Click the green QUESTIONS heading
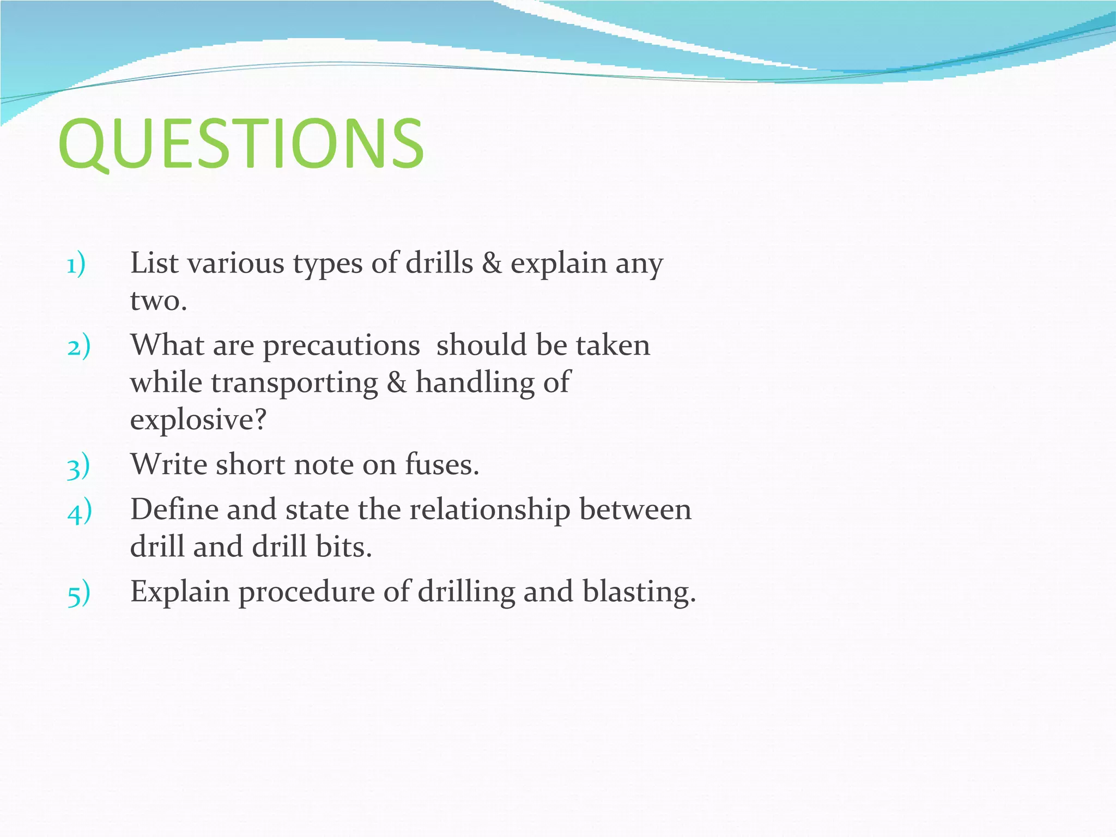coord(241,143)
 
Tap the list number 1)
coord(76,265)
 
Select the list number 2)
coord(78,347)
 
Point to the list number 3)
coord(78,467)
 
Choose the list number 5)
coord(78,594)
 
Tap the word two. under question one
coord(159,301)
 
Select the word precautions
coord(341,346)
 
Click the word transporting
coord(294,383)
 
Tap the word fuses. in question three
coord(441,465)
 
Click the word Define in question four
coord(174,510)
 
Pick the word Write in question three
coord(169,465)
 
